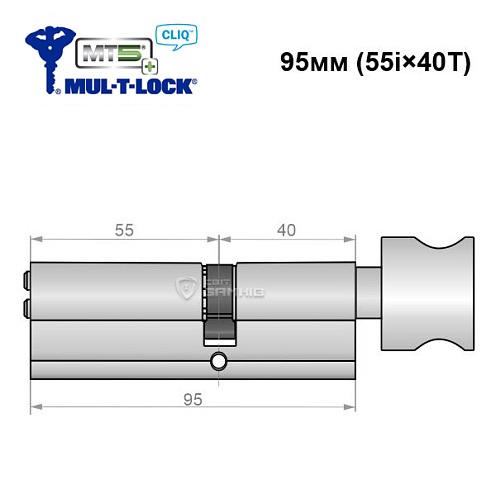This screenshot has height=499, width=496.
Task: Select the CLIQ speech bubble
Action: coord(178,37)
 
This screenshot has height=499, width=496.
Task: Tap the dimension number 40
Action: coord(287,229)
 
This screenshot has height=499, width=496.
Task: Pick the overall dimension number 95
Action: coord(193,400)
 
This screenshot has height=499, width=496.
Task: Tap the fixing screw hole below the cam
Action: coord(219,359)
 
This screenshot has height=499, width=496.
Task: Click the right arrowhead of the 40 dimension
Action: coord(351,239)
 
